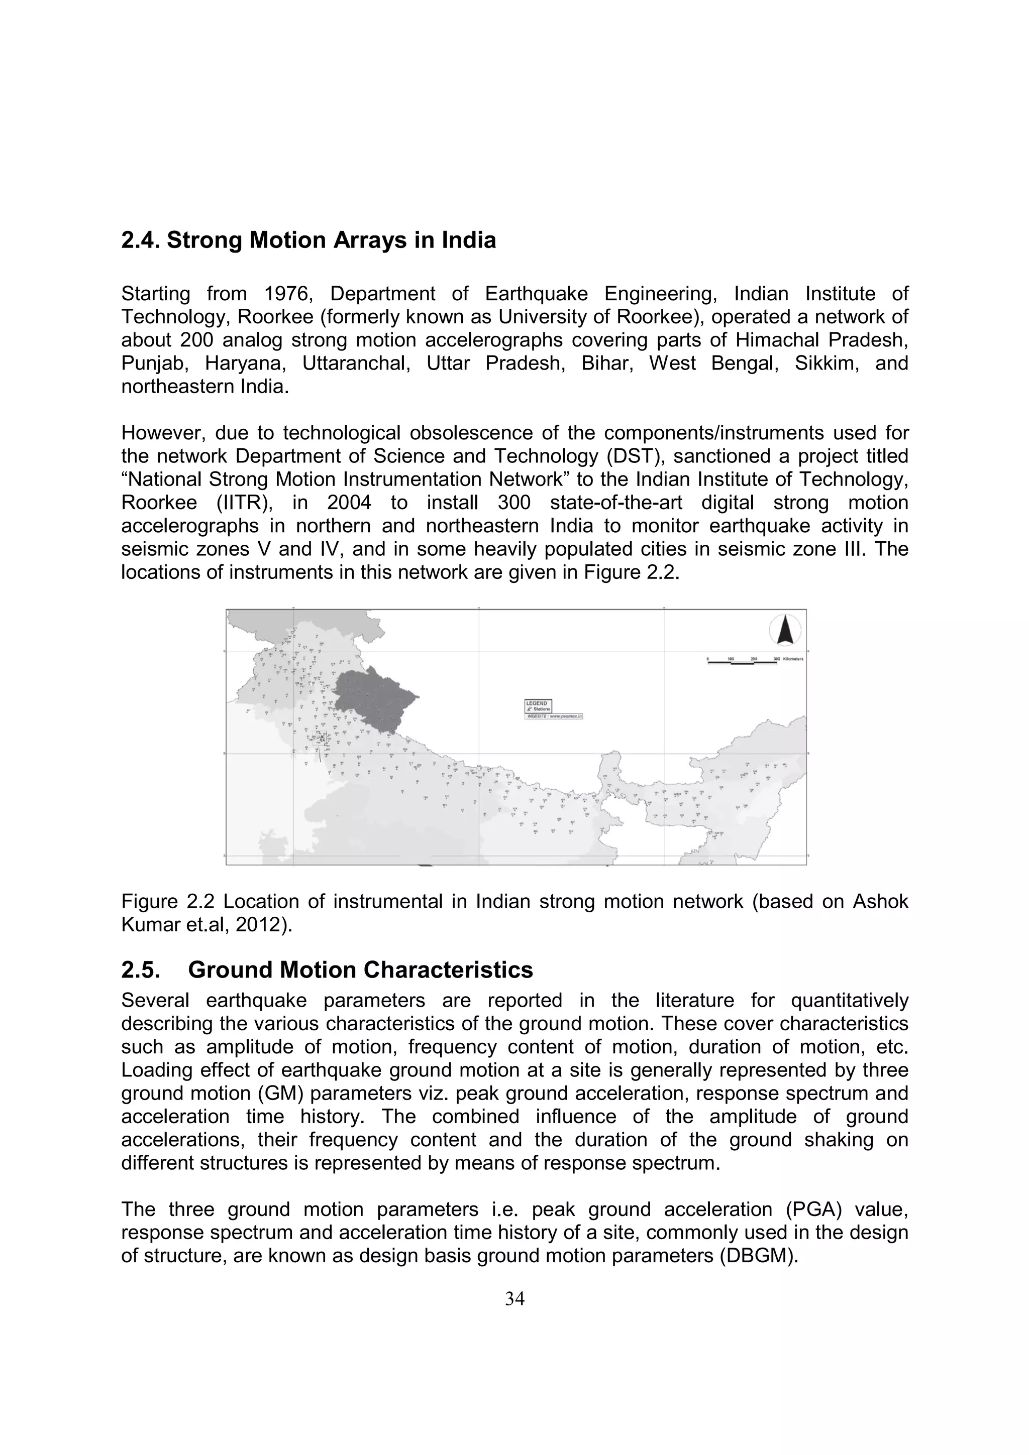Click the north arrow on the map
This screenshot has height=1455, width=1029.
pyautogui.click(x=785, y=631)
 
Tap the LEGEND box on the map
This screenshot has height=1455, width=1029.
pyautogui.click(x=538, y=706)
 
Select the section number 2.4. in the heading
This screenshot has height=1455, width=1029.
pyautogui.click(x=141, y=241)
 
